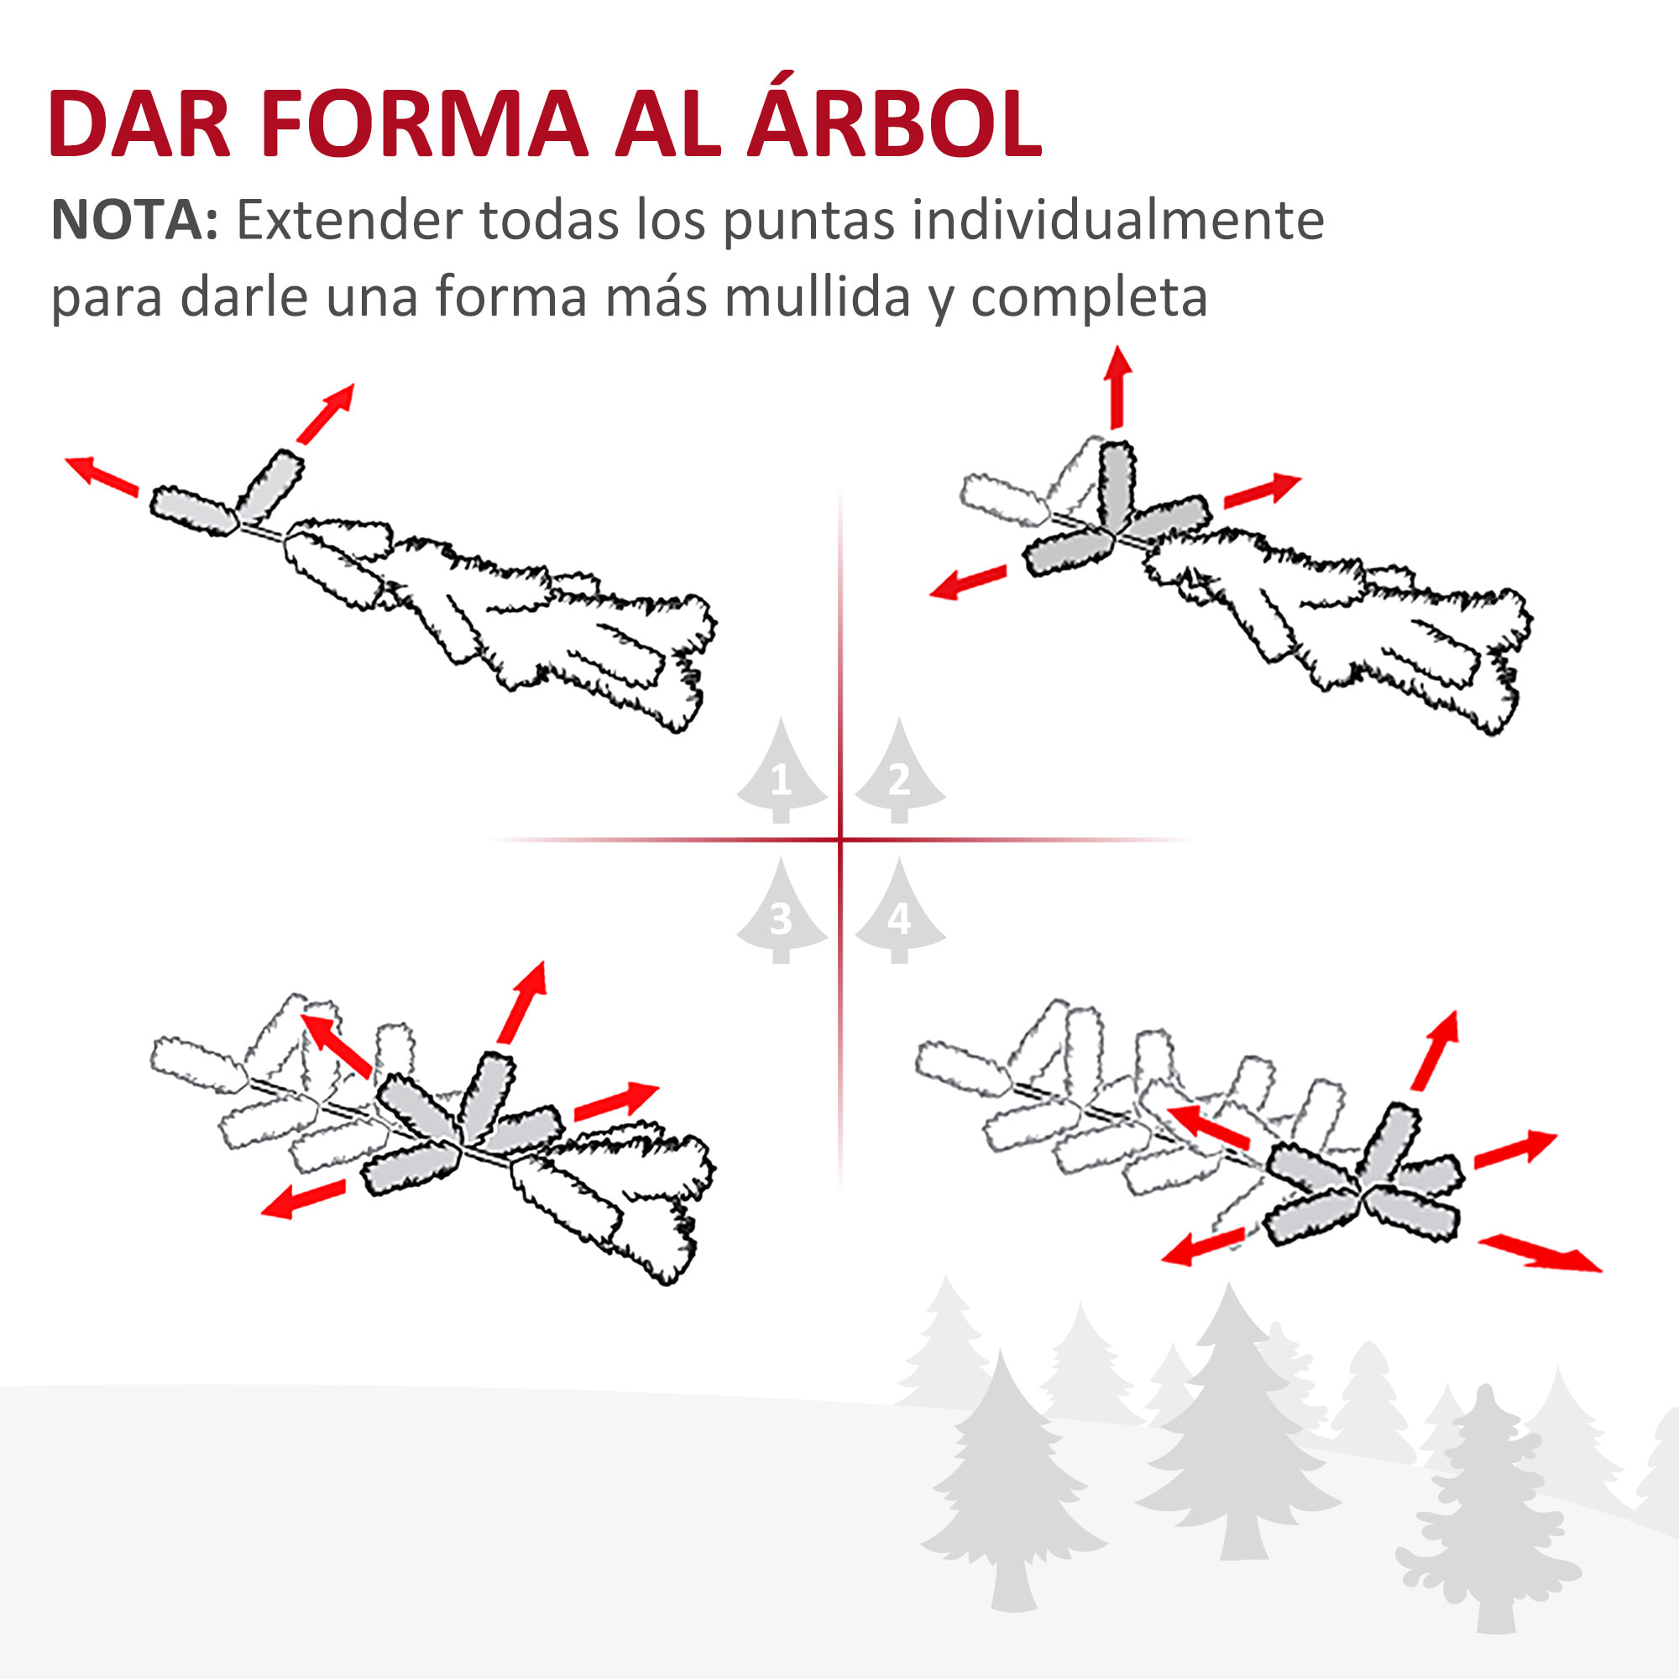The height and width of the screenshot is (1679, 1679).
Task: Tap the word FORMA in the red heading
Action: point(423,123)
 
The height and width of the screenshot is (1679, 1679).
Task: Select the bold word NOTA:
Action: point(134,220)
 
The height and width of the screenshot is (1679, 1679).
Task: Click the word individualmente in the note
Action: point(1117,220)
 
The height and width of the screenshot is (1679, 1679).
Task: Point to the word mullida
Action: point(817,296)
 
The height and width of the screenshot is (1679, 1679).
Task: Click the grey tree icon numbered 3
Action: point(781,913)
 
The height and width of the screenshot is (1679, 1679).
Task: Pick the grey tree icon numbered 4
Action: point(899,913)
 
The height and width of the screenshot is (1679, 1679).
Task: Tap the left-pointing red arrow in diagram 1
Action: point(102,476)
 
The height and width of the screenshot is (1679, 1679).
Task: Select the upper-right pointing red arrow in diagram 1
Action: point(326,414)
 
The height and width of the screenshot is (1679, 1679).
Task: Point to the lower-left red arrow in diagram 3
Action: point(303,1200)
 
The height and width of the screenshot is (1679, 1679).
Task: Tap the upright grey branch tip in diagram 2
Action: point(1117,484)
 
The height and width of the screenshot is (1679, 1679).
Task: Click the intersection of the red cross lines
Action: point(840,839)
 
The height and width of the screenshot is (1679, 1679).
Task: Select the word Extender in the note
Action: point(348,220)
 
